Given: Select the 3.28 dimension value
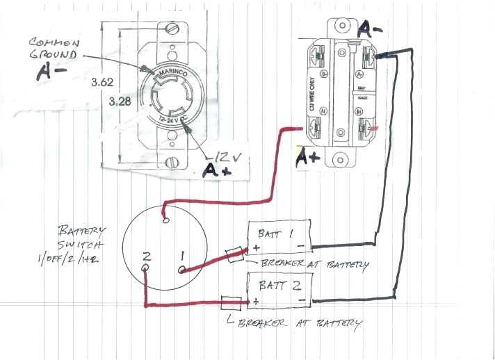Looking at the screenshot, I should [x=122, y=101].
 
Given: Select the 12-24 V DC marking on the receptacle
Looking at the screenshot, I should [x=172, y=121].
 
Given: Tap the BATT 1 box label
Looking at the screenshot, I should [x=277, y=234].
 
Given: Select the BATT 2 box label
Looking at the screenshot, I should [x=276, y=284].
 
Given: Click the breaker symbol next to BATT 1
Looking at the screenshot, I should [x=234, y=255].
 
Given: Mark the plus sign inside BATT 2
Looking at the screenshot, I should [x=257, y=301].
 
